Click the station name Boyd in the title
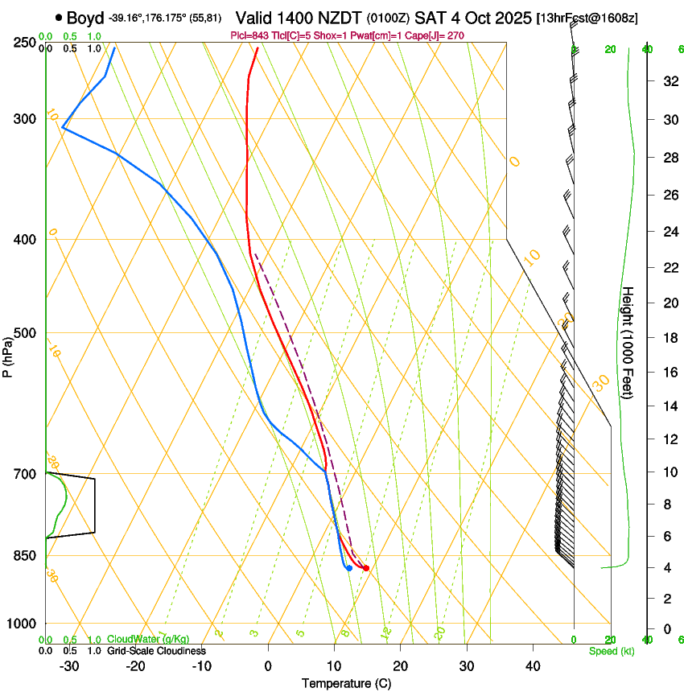(85, 18)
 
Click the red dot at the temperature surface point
(366, 568)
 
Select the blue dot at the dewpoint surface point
(348, 568)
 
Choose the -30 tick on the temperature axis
(68, 666)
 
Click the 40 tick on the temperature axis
(532, 666)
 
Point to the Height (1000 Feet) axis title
(628, 342)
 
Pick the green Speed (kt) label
(612, 651)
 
